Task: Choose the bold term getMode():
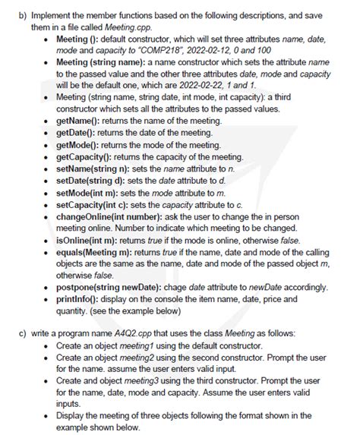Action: tap(84, 146)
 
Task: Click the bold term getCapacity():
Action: tap(91, 156)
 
